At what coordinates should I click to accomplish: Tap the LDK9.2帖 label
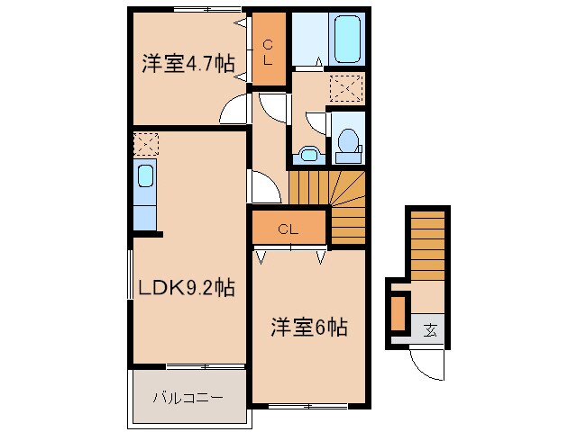pos(186,288)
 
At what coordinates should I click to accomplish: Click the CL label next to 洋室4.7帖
pos(269,41)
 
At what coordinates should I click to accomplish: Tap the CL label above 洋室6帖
pos(288,228)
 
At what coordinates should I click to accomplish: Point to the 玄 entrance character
pos(431,329)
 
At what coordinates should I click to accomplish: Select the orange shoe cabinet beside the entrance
pos(398,313)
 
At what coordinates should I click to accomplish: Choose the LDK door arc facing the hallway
pos(261,187)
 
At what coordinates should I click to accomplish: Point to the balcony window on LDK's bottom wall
pos(206,366)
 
